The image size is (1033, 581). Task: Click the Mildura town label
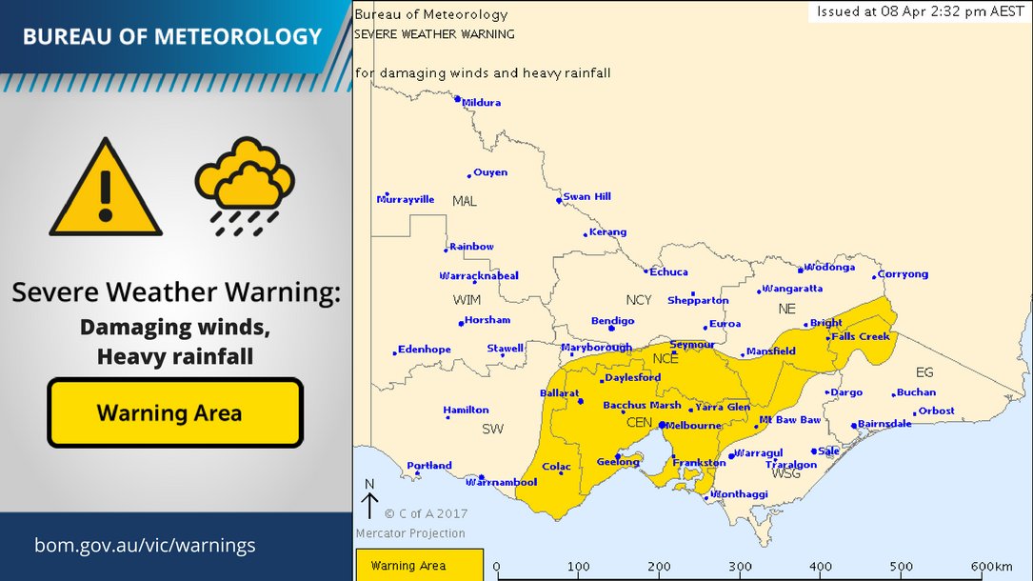(x=482, y=103)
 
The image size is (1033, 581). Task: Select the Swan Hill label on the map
(x=586, y=197)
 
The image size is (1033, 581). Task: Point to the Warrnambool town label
(x=512, y=482)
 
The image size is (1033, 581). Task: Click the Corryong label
(x=903, y=274)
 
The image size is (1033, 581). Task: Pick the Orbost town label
(x=936, y=411)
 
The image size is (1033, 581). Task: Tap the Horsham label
(x=487, y=320)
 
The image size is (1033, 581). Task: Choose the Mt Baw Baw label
(x=789, y=420)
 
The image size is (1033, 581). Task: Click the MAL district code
(x=465, y=201)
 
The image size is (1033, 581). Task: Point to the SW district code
(x=492, y=430)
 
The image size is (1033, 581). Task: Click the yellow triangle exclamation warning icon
(x=106, y=189)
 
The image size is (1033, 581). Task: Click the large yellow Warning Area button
(x=175, y=412)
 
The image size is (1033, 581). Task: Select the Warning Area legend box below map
(x=419, y=565)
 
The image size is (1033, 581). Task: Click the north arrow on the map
(x=369, y=501)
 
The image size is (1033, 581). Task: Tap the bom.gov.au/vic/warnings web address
(x=145, y=546)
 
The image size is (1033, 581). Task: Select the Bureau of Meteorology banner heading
(x=172, y=37)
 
